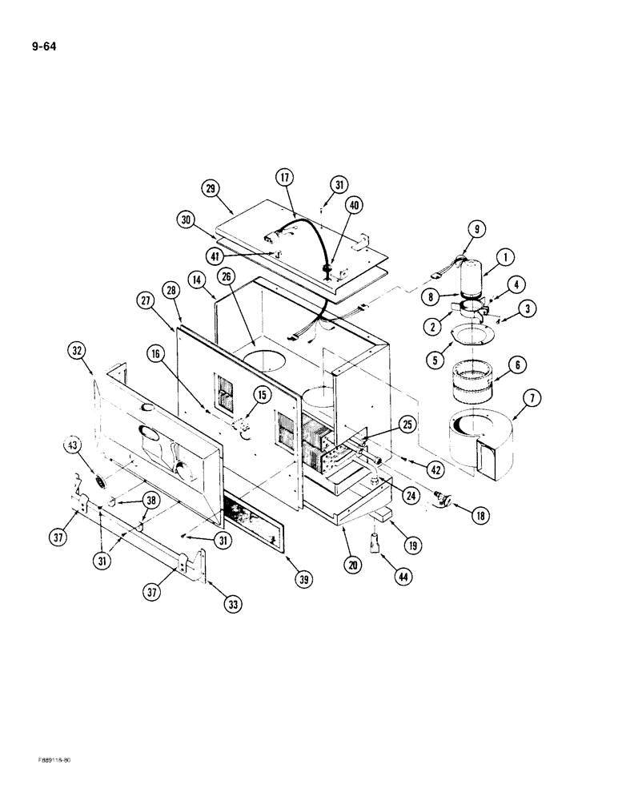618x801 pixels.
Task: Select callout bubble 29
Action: point(211,188)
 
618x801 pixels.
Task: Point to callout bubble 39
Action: point(303,580)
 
